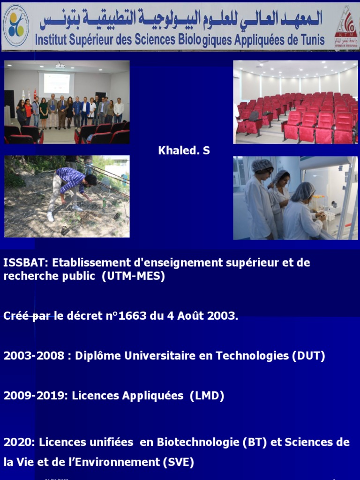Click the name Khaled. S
pyautogui.click(x=184, y=150)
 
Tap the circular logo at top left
pyautogui.click(x=16, y=25)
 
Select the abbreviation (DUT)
pyautogui.click(x=308, y=356)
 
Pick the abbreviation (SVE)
pyautogui.click(x=178, y=462)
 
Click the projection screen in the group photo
pyautogui.click(x=56, y=83)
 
